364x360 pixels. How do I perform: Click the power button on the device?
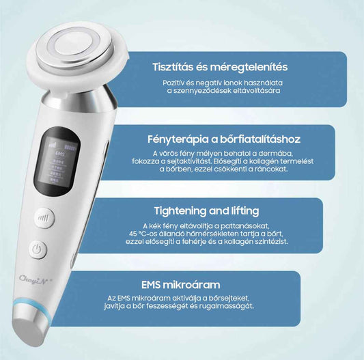point(38,250)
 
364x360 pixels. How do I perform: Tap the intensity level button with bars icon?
point(44,218)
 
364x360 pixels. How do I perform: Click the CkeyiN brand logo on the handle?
point(34,278)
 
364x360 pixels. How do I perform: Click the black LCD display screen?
point(57,162)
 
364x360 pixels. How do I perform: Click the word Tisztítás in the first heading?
point(173,67)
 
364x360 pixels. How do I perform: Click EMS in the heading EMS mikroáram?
point(150,285)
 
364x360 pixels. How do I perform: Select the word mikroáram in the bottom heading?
point(191,285)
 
